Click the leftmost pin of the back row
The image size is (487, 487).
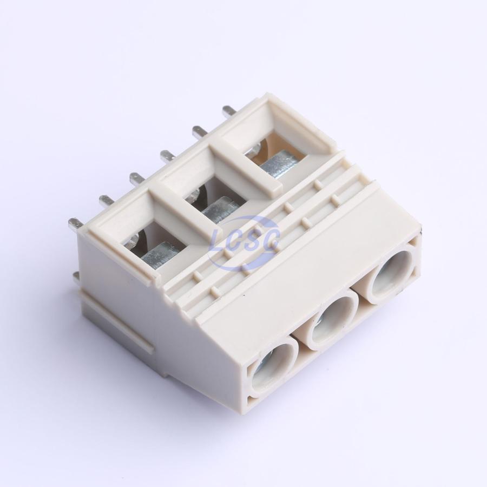click(x=75, y=224)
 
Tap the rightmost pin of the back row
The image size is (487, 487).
click(x=230, y=113)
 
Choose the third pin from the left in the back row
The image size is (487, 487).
click(x=137, y=179)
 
